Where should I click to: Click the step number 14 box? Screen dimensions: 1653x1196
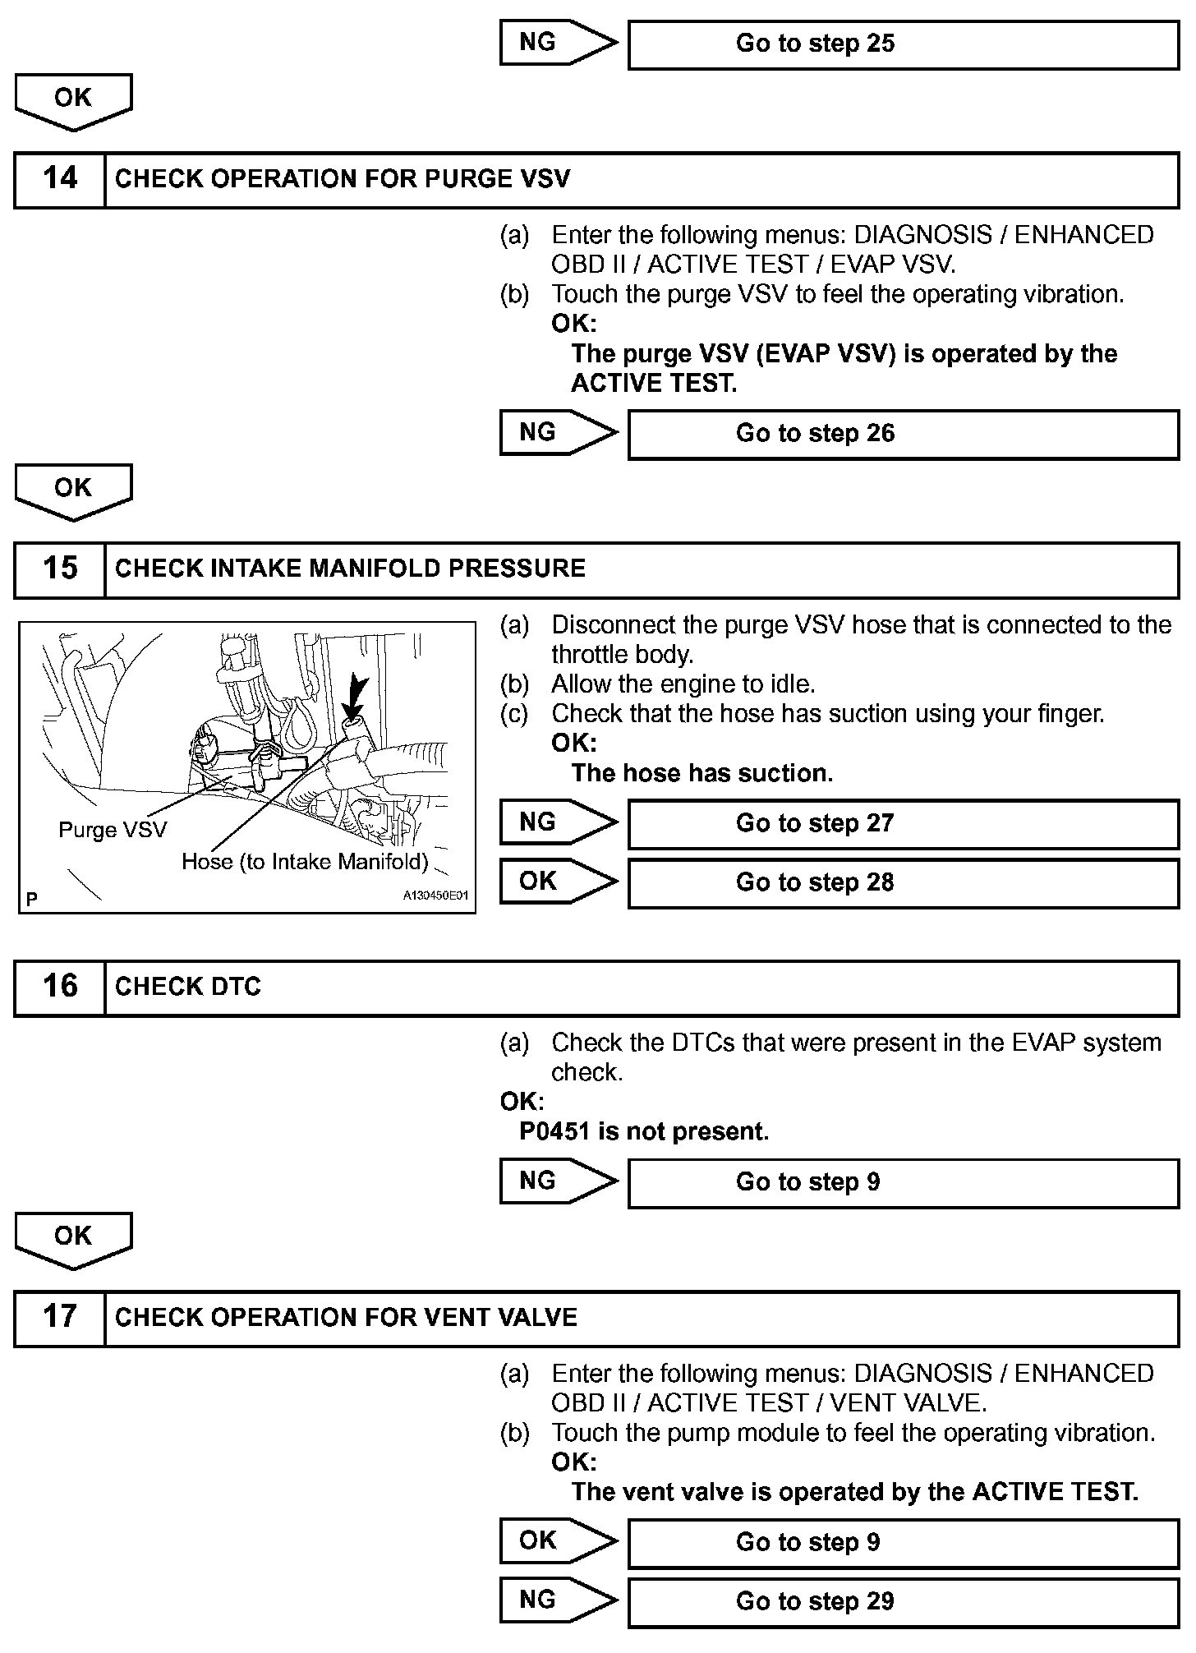pos(60,179)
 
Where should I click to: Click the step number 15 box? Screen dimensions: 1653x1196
pos(60,569)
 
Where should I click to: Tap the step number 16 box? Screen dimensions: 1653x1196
pos(60,987)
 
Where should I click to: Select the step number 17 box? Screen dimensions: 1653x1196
pos(60,1317)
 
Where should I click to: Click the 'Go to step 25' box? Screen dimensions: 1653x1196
pos(903,44)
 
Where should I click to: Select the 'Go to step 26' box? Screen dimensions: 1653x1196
pos(903,434)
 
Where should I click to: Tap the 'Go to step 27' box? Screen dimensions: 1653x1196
pos(903,824)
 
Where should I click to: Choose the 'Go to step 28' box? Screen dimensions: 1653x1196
pos(903,883)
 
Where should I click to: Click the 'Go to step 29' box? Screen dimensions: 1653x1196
pos(903,1601)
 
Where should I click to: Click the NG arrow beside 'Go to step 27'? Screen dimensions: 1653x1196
pos(557,822)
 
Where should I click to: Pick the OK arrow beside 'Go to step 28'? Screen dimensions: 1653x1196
pos(557,882)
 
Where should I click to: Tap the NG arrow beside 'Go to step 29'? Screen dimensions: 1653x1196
pos(557,1600)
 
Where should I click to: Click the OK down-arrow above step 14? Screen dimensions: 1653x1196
pos(73,100)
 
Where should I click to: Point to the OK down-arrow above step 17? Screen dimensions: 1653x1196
pos(73,1239)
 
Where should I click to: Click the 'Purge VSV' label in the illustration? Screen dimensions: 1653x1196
pos(113,830)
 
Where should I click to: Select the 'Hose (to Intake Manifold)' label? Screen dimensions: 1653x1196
pos(305,862)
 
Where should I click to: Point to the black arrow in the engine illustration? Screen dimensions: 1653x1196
pos(356,698)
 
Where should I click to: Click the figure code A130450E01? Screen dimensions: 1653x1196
pos(435,896)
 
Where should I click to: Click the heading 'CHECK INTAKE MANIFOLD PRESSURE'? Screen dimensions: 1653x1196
pos(350,569)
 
